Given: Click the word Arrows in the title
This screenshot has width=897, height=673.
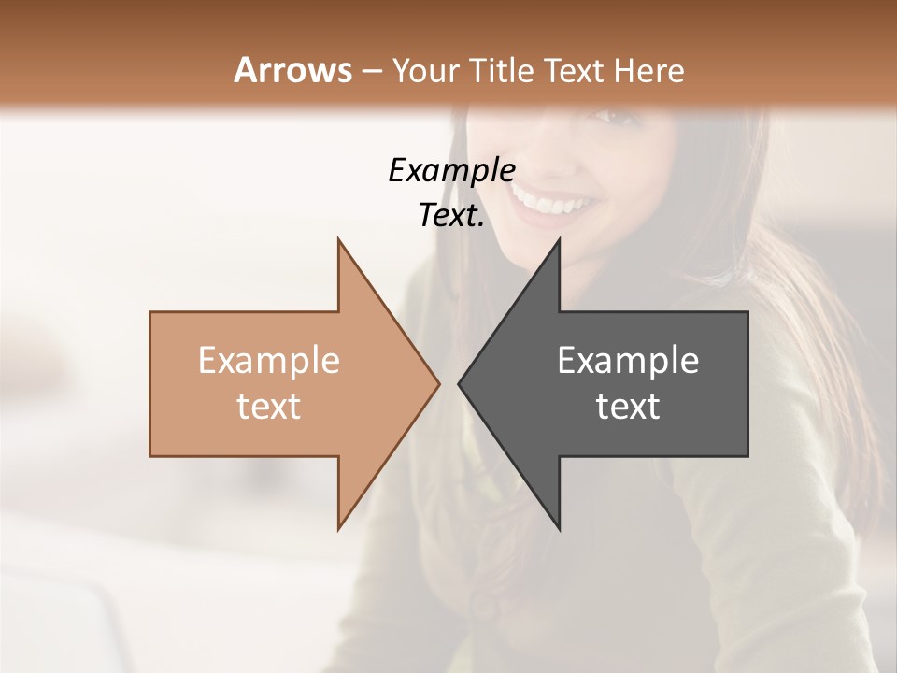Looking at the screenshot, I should (292, 70).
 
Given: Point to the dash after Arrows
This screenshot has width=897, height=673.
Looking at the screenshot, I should (370, 71).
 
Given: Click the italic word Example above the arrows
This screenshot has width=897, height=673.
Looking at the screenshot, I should (451, 171).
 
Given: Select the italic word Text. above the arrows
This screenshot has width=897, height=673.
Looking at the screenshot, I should (451, 216).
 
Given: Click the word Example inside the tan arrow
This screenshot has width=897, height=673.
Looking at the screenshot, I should (268, 361).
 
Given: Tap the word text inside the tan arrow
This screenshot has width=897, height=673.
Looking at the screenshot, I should (268, 407).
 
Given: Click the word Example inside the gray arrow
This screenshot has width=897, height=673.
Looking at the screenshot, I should (628, 361).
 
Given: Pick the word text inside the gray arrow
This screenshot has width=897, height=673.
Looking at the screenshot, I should (628, 407).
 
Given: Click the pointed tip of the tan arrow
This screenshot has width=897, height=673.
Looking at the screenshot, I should (437, 383).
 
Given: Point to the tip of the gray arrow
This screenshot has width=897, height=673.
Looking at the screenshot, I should (460, 383).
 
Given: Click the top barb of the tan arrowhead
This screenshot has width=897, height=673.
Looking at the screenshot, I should (339, 243).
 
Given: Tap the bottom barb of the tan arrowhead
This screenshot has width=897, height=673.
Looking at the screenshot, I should (339, 526).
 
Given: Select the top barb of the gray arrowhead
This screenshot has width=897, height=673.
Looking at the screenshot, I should (558, 243).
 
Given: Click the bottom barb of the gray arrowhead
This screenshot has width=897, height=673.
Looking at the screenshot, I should (558, 526).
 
